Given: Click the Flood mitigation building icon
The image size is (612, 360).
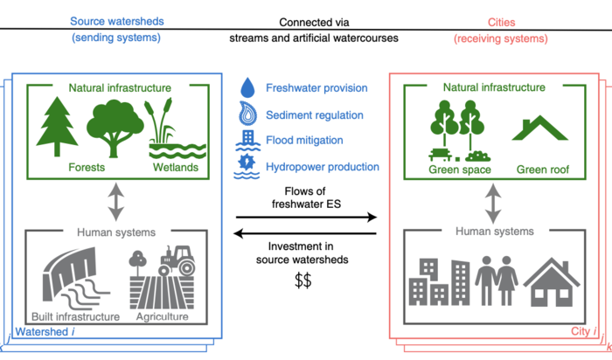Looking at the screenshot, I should tap(248, 140).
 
